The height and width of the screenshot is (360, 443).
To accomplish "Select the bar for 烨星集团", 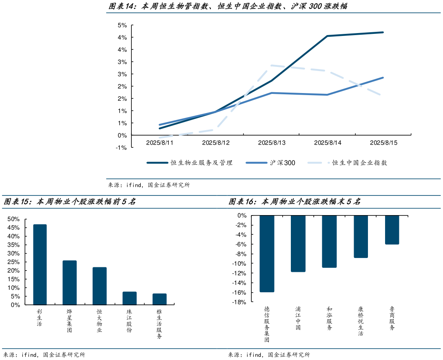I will pos(69,282).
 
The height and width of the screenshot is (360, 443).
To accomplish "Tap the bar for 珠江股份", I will pos(130,298).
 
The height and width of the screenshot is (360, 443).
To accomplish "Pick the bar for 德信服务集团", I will pos(267,253).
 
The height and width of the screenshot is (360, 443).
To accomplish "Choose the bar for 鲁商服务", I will pos(392,230).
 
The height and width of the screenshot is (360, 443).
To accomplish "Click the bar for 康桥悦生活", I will pos(361,236).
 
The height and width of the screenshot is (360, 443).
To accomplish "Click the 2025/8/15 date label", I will pos(383,143).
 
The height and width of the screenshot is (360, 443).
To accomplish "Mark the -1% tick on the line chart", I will pos(122,148).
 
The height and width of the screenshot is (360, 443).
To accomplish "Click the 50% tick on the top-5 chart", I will pos(13,219).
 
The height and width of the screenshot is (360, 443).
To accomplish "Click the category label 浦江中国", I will pos(298,318).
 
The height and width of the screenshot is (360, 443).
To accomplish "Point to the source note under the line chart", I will pos(149,185).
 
